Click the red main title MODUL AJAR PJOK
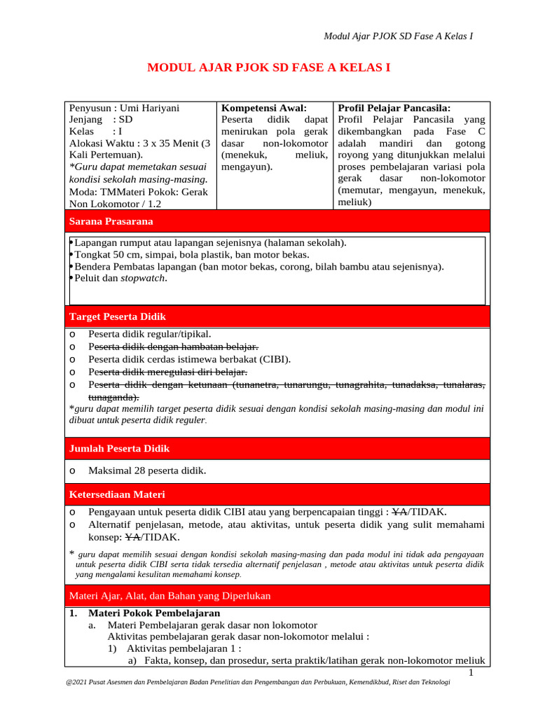coord(268,68)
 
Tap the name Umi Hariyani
coord(149,108)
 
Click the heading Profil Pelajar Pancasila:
coord(394,108)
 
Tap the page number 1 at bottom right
coord(471,673)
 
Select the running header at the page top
coord(397,36)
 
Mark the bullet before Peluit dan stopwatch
coord(71,278)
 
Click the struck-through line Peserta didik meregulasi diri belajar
coord(168,373)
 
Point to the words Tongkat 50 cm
coord(107,255)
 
